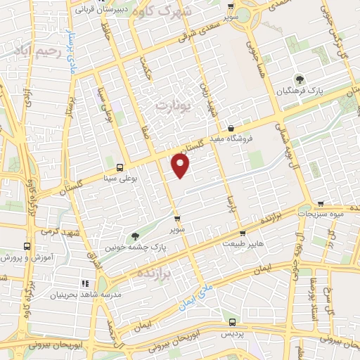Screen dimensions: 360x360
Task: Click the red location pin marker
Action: click(x=181, y=166)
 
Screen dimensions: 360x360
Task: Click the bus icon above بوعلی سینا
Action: click(x=120, y=167)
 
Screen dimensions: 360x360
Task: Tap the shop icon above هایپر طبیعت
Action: click(x=243, y=232)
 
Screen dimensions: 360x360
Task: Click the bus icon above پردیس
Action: click(x=232, y=322)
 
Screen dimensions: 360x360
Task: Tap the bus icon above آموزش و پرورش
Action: click(x=27, y=247)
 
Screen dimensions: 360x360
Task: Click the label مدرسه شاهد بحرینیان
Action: click(x=85, y=295)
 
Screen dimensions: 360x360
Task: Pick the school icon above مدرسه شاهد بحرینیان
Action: click(x=85, y=283)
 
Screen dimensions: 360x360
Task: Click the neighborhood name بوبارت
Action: click(x=167, y=104)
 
